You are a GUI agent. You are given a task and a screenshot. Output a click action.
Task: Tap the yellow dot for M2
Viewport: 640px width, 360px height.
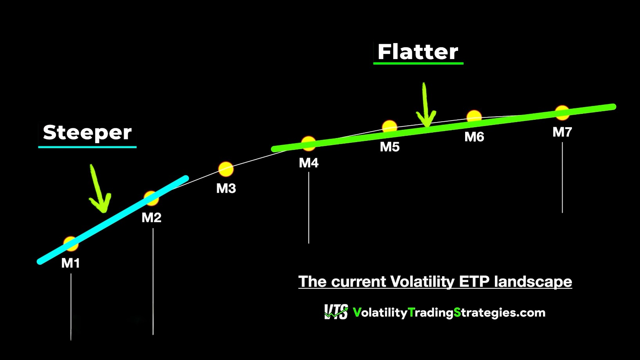click(151, 198)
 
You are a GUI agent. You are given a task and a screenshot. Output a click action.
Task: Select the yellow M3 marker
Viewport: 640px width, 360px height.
click(226, 169)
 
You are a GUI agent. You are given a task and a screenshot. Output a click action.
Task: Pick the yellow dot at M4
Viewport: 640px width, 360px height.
click(309, 144)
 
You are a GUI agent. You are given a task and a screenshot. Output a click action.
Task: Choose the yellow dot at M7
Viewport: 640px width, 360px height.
click(562, 113)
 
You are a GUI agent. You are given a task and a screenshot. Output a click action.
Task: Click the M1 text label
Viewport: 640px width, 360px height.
click(70, 263)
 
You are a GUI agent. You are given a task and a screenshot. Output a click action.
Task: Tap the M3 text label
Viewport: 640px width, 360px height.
click(226, 189)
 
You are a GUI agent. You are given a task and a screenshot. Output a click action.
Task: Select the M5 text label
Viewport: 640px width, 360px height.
click(390, 147)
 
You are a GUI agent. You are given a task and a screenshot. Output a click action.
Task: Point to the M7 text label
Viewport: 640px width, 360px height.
click(562, 132)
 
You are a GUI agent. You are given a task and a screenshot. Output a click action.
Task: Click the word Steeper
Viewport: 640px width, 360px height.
click(87, 133)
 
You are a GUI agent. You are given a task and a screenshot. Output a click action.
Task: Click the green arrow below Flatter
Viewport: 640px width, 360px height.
click(426, 105)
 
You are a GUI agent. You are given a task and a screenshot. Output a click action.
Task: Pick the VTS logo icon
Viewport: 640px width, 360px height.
click(336, 312)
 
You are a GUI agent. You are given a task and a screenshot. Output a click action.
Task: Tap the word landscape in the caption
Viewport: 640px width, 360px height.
click(533, 282)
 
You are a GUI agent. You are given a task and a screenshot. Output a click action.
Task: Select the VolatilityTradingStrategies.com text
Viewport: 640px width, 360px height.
click(449, 313)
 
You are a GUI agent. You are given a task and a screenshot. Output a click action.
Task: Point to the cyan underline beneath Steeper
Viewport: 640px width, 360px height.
click(87, 147)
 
